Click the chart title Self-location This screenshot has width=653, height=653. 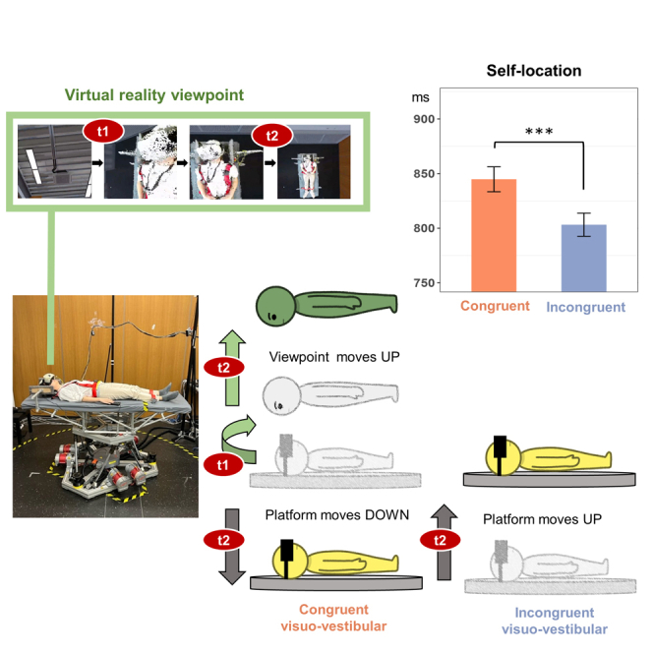click(533, 72)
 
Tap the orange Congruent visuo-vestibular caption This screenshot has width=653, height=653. click(334, 617)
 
